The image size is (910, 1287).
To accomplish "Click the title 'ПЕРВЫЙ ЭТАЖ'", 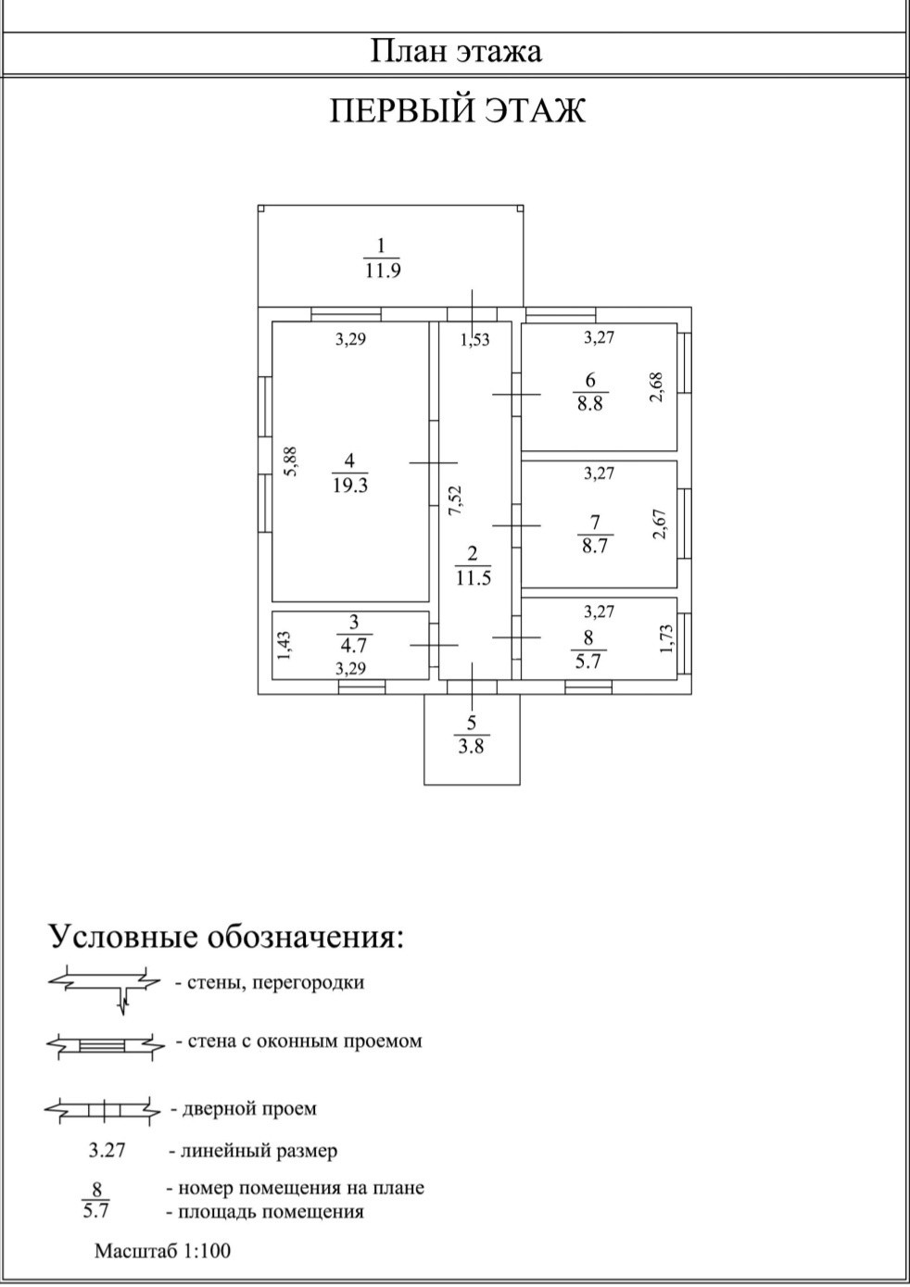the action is click(x=458, y=111).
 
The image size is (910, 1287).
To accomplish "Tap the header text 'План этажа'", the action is click(x=456, y=50).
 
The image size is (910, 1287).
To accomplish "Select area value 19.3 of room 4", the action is click(x=350, y=485).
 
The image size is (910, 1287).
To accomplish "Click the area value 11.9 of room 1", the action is click(x=382, y=271).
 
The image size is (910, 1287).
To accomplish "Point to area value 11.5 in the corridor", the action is click(x=473, y=578).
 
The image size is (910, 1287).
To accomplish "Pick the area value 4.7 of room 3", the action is click(x=353, y=646).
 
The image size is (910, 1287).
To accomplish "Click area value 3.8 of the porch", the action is click(x=471, y=746).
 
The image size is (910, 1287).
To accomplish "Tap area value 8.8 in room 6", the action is click(x=589, y=404).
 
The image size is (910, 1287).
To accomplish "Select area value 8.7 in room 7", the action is click(x=594, y=546).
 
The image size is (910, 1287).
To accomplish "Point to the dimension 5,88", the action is click(x=290, y=461).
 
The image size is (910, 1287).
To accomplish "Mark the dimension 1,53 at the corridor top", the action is click(x=474, y=340).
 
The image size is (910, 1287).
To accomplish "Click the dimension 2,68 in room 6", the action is click(x=656, y=386).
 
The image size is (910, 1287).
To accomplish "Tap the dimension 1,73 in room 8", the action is click(x=664, y=637).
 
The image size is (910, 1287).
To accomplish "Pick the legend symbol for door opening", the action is click(x=102, y=1108).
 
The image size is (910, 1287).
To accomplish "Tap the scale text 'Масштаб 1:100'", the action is click(x=162, y=1251).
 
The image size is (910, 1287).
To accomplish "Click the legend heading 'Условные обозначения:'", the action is click(x=226, y=937).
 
